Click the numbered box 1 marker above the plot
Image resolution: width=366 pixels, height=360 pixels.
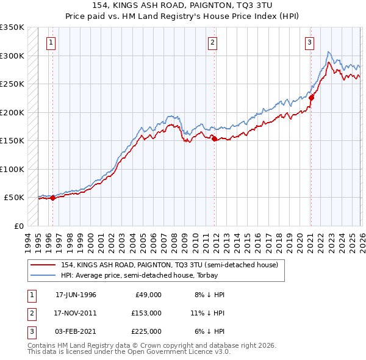50,43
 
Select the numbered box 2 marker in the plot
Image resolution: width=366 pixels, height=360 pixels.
212,43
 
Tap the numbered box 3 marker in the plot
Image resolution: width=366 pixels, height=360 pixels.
309,43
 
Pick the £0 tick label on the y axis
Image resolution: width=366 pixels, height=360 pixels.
18,226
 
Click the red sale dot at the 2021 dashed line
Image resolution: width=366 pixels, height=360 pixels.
311,98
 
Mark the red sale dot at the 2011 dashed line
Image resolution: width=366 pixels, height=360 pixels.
215,139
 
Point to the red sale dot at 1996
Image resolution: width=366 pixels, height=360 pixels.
52,198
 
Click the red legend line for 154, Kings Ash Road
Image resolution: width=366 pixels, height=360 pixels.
43,265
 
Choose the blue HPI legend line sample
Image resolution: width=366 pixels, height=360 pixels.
43,275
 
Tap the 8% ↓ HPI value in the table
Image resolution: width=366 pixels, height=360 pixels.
210,294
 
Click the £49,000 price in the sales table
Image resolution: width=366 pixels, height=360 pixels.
148,294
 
